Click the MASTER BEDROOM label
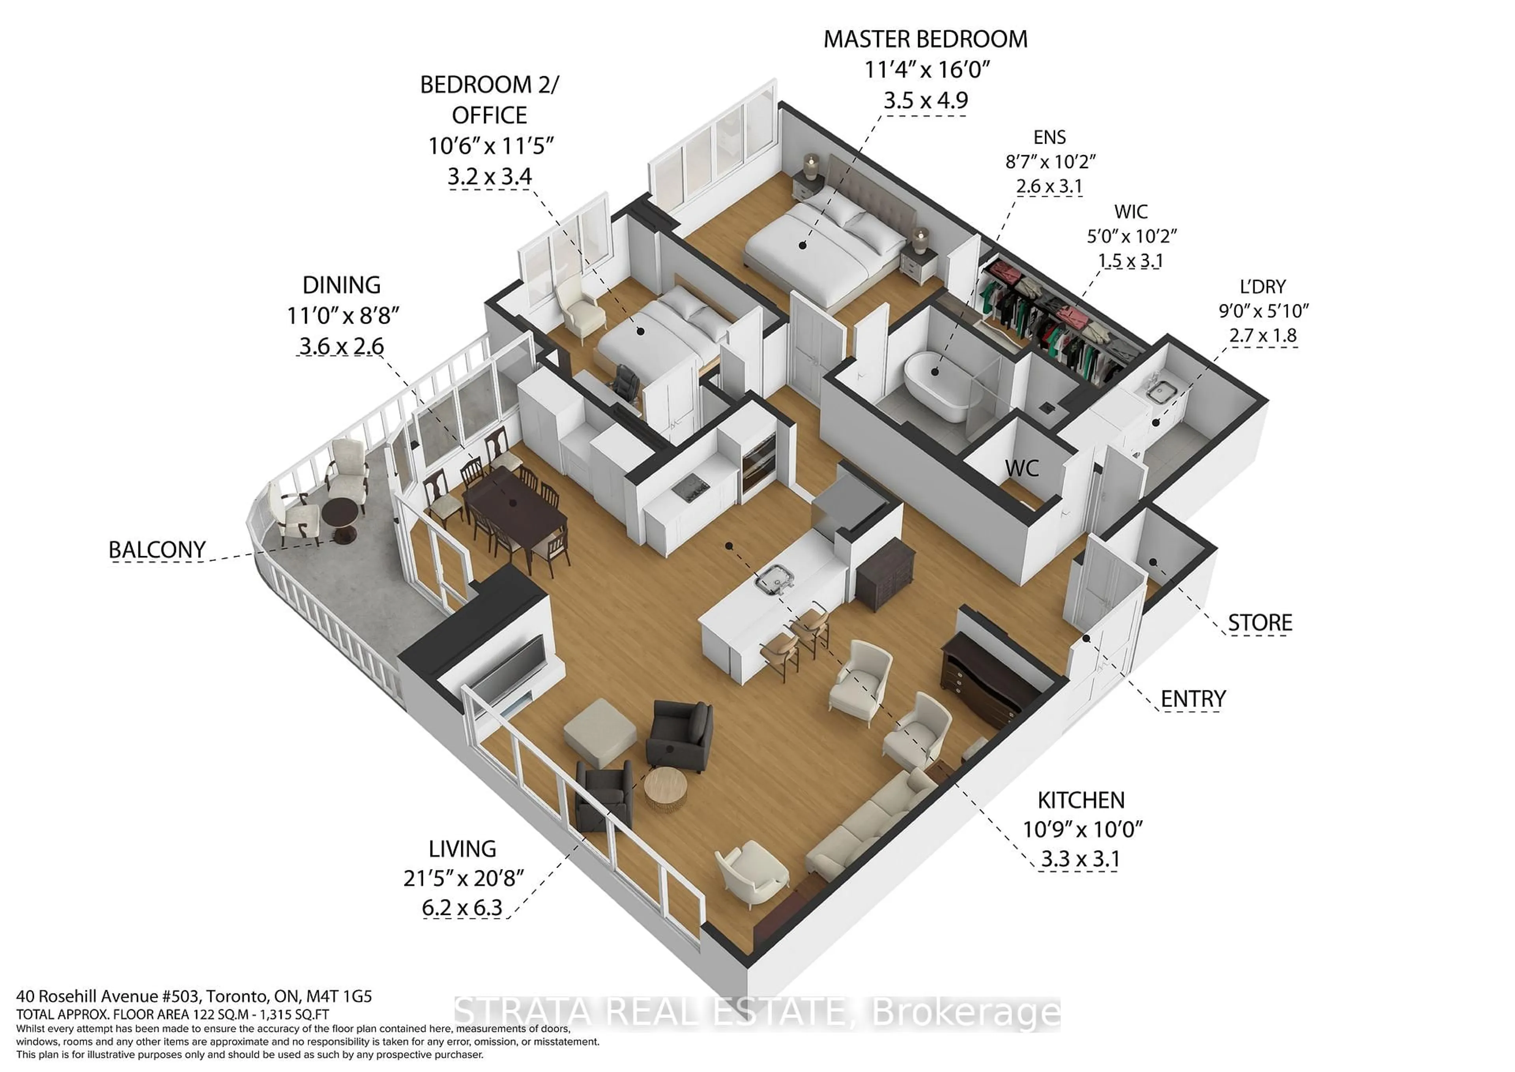(925, 39)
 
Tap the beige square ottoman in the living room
(600, 730)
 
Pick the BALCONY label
(157, 550)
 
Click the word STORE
(1260, 622)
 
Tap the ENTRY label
(1193, 698)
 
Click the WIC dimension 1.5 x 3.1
(1130, 261)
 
